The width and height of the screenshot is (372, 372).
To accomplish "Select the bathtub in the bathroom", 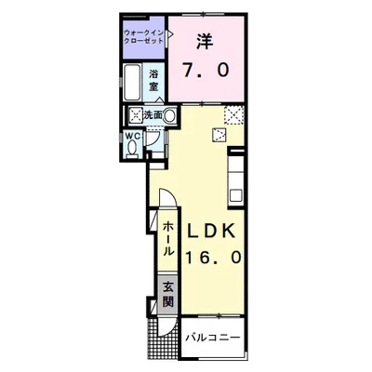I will (133, 83).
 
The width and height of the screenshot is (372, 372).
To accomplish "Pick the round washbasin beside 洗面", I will (170, 115).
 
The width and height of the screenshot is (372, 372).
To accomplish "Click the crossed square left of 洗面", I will (136, 115).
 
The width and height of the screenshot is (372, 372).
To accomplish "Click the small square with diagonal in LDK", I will (219, 134).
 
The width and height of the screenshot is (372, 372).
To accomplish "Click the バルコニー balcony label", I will (213, 335).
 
